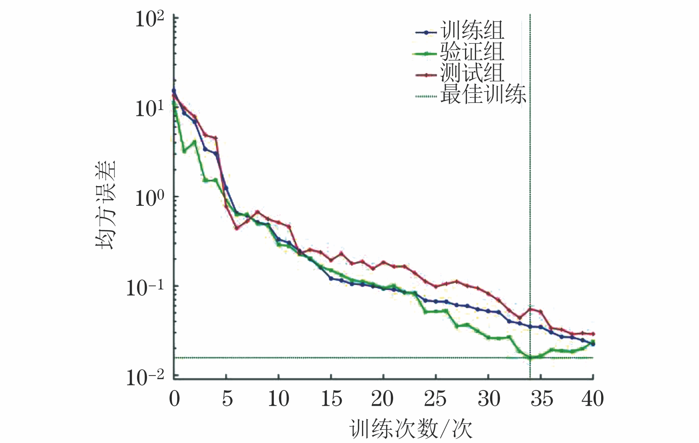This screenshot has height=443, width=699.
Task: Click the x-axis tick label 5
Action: [227, 398]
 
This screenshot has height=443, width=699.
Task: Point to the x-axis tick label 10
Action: [279, 398]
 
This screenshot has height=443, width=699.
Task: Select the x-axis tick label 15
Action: [331, 398]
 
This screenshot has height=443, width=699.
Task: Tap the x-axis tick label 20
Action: [383, 398]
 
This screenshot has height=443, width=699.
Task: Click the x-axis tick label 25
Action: [435, 398]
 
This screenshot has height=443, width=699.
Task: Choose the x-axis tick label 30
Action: [488, 398]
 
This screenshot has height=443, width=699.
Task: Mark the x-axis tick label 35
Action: [541, 398]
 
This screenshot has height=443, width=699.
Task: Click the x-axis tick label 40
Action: [592, 398]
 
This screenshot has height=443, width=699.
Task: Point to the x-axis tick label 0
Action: [174, 398]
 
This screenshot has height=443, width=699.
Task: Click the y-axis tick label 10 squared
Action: [150, 19]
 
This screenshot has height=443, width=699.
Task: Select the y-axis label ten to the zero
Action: [150, 198]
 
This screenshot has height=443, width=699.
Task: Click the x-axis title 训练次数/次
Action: [411, 428]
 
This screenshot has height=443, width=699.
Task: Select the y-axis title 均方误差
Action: [106, 204]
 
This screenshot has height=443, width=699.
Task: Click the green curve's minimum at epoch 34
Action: [530, 357]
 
